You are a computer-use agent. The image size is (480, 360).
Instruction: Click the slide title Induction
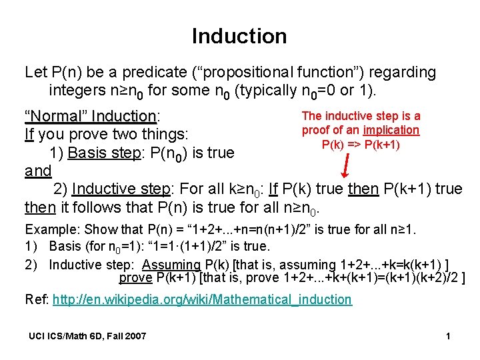[239, 36]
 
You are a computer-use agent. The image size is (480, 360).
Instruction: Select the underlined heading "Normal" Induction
[90, 116]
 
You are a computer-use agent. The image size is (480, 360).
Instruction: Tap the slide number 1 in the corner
[448, 336]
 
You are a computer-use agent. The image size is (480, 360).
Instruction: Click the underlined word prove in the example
[135, 277]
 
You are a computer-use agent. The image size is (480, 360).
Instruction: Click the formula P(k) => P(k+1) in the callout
[361, 145]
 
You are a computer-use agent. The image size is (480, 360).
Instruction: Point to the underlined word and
[38, 171]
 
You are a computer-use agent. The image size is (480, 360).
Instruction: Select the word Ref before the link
[35, 299]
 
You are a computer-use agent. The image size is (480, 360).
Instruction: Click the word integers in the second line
[76, 90]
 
